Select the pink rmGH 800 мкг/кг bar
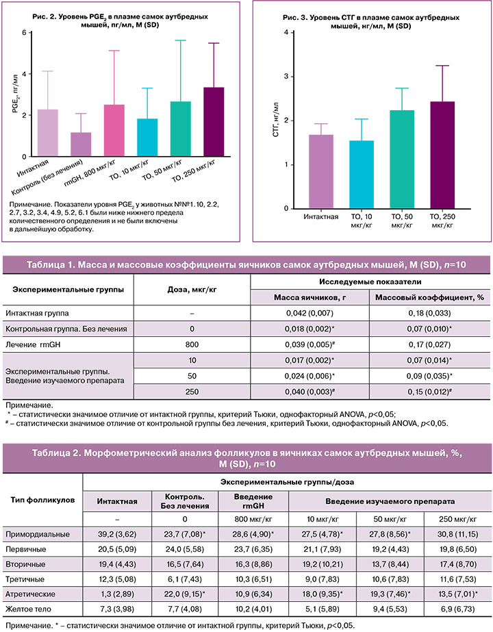click(x=114, y=130)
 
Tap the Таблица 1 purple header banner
click(x=246, y=266)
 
